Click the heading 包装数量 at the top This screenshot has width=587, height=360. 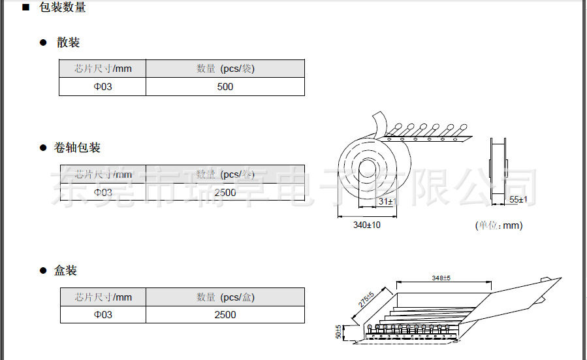pyautogui.click(x=62, y=8)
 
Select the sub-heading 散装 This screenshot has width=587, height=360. pyautogui.click(x=68, y=42)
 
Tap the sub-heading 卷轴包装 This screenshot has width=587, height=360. pyautogui.click(x=77, y=148)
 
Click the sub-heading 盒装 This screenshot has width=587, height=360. pyautogui.click(x=65, y=270)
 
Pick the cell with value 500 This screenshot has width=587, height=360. pyautogui.click(x=225, y=87)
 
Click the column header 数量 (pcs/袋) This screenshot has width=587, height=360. pyautogui.click(x=225, y=69)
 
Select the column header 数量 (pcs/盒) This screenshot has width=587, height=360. pyautogui.click(x=225, y=297)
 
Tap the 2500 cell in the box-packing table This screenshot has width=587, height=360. pyautogui.click(x=225, y=315)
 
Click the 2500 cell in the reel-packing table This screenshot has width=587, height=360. pyautogui.click(x=225, y=192)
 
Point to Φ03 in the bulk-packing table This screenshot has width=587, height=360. pyautogui.click(x=103, y=87)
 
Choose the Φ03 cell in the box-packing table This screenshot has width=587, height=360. pyautogui.click(x=103, y=315)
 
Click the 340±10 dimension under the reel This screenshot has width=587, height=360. pyautogui.click(x=366, y=225)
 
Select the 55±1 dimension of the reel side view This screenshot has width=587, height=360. pyautogui.click(x=518, y=199)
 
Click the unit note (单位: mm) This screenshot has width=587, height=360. pyautogui.click(x=498, y=225)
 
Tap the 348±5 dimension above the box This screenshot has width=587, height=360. pyautogui.click(x=441, y=278)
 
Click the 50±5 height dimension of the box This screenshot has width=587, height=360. pyautogui.click(x=339, y=332)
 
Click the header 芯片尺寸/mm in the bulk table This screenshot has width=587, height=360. pyautogui.click(x=103, y=69)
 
